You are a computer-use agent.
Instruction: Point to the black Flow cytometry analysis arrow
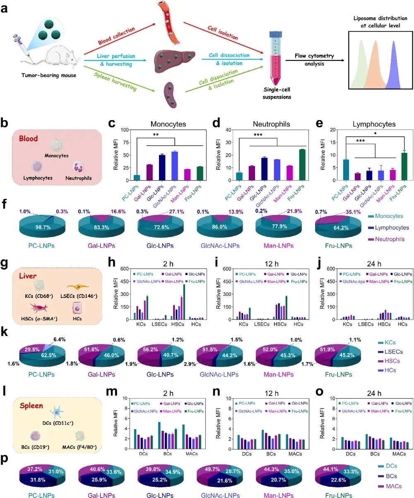(315, 60)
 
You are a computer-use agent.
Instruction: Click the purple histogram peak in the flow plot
(393, 65)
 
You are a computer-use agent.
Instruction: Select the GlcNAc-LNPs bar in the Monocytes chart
(174, 166)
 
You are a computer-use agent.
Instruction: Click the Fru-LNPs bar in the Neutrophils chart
(302, 164)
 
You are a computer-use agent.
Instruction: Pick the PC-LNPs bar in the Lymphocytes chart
(346, 169)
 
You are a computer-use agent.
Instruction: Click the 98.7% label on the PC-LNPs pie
(43, 227)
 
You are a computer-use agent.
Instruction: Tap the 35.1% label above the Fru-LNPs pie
(353, 212)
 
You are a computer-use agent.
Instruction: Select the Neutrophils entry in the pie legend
(386, 239)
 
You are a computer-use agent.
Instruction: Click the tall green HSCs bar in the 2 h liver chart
(184, 302)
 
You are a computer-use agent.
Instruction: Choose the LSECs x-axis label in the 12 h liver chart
(262, 324)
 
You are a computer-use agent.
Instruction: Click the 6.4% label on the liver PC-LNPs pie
(59, 339)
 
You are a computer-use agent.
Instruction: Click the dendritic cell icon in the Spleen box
(57, 412)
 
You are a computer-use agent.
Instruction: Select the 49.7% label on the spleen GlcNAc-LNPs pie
(212, 469)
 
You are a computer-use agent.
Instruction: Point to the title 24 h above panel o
(374, 393)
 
